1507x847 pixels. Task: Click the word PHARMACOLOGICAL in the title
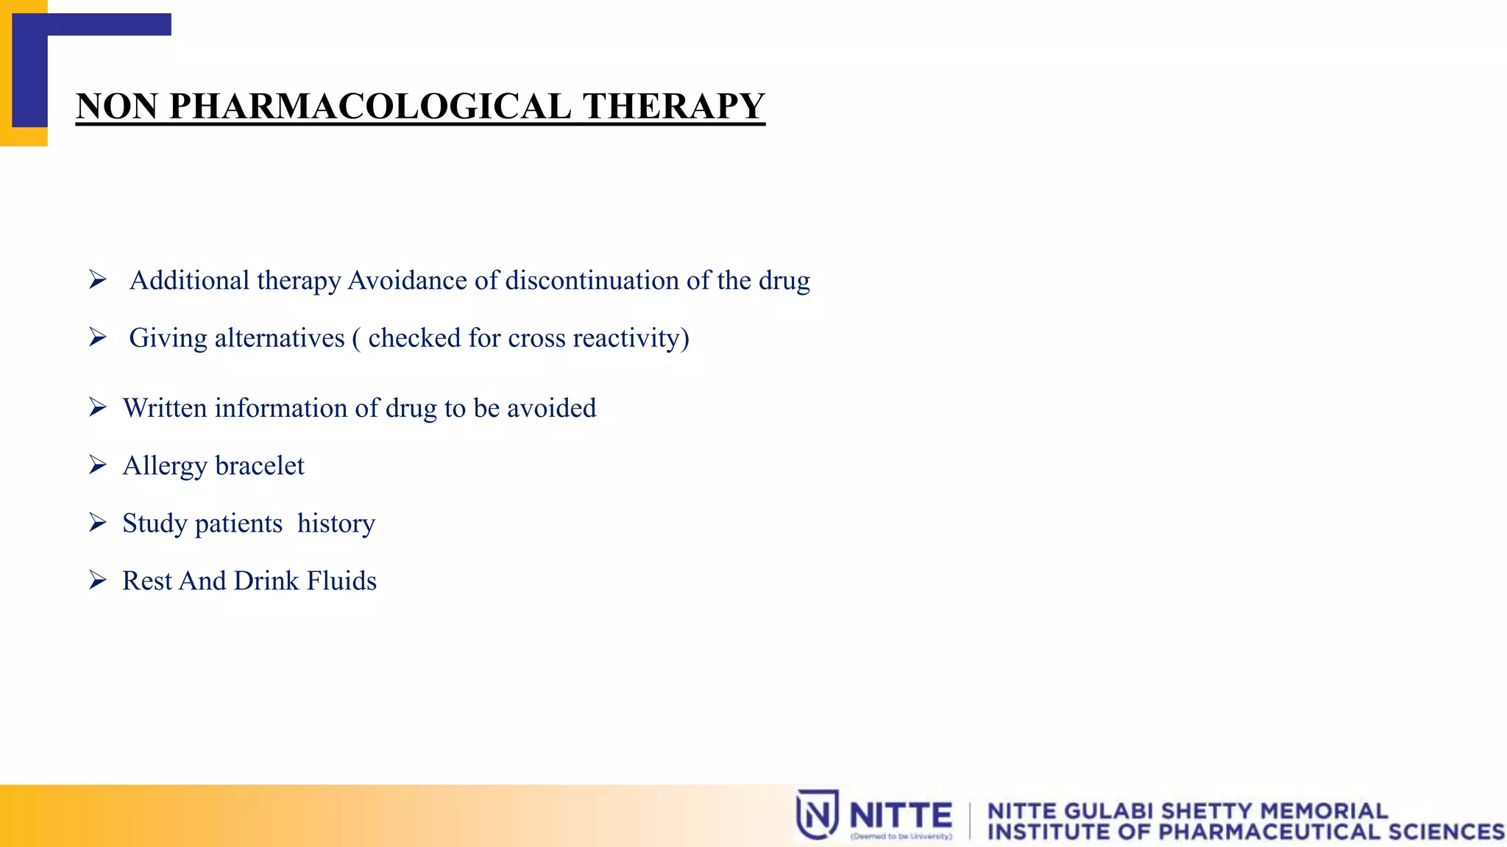[370, 106]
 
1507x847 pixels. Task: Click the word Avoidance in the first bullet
[407, 280]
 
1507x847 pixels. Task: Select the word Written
[165, 408]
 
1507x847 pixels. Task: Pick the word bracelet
[260, 466]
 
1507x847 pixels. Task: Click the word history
[336, 523]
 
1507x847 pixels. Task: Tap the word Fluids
[341, 581]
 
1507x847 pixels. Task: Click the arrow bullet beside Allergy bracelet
[98, 465]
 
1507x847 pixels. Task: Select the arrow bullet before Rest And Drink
[98, 580]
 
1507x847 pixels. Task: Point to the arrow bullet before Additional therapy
[98, 279]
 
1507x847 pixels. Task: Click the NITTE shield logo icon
[817, 814]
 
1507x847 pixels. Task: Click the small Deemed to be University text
[901, 837]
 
